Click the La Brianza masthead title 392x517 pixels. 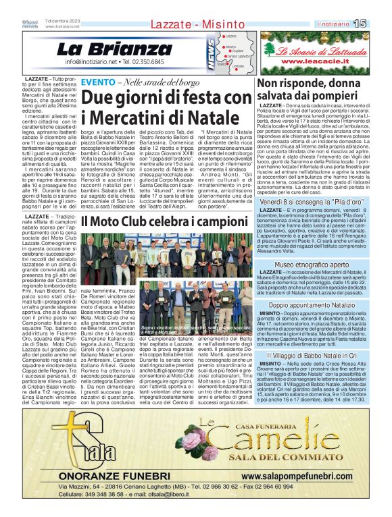click(x=105, y=49)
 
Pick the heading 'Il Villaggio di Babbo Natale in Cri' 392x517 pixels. click(x=312, y=355)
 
